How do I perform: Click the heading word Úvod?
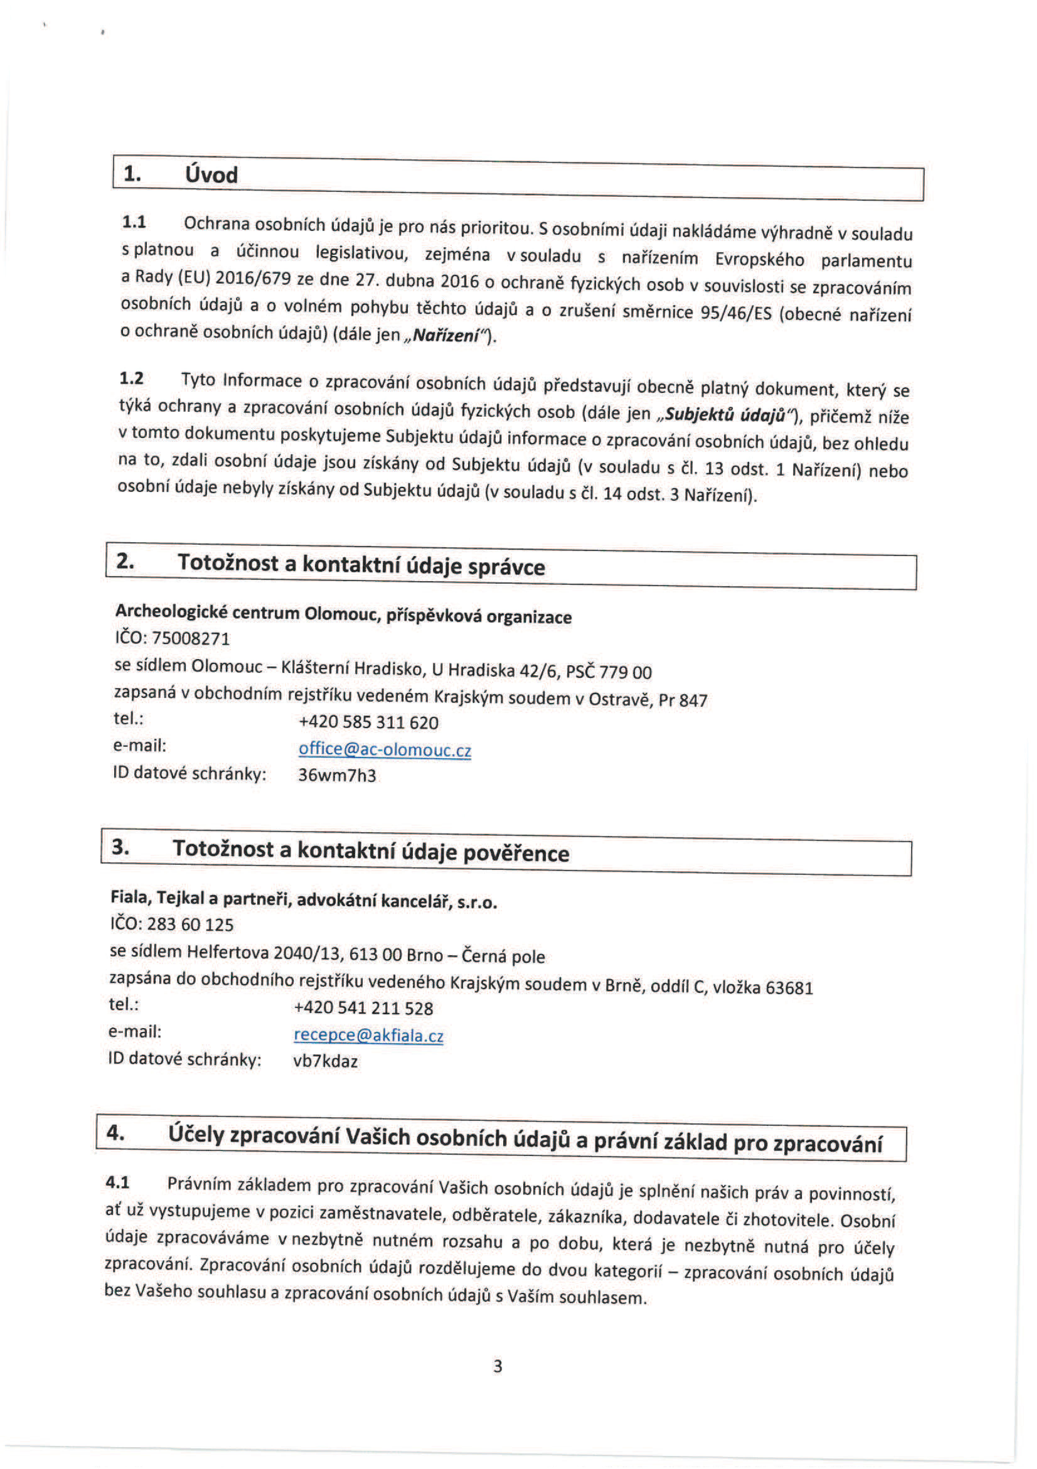pyautogui.click(x=211, y=175)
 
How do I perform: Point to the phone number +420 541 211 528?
pyautogui.click(x=363, y=1008)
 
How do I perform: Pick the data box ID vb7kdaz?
pyautogui.click(x=325, y=1061)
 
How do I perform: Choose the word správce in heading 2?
pyautogui.click(x=506, y=568)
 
